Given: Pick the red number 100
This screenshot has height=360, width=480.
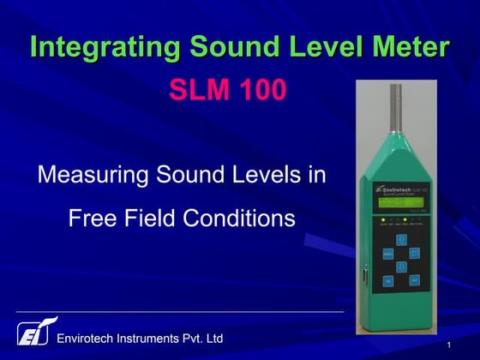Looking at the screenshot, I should point(261,90).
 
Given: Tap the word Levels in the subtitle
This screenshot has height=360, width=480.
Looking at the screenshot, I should point(264,177).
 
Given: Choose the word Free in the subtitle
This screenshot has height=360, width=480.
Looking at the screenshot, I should point(92,219).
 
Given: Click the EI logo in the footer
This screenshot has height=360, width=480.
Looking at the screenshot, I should point(33,333).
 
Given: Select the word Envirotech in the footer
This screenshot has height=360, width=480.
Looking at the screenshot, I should point(91,339).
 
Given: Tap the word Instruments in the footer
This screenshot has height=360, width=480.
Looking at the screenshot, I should point(161,339).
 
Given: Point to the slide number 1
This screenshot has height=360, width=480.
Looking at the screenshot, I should point(449,345).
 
